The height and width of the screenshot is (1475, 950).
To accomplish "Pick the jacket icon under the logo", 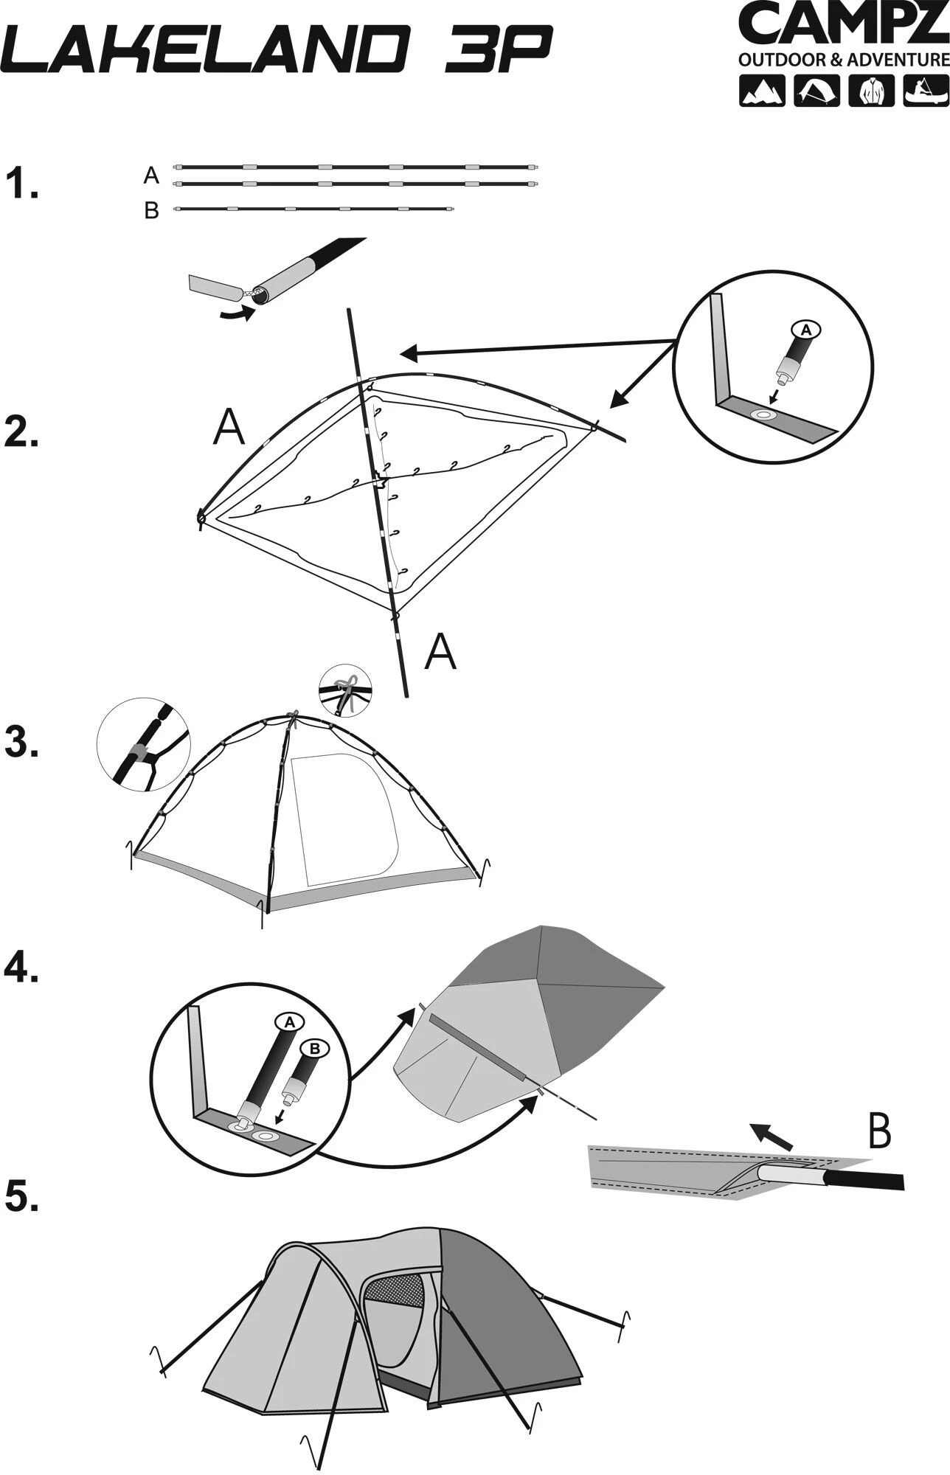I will click(873, 91).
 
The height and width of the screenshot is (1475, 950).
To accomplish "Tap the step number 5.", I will click(22, 1196).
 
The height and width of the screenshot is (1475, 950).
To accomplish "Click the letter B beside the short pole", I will click(152, 212).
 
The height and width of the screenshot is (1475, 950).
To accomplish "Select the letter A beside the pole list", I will click(151, 176).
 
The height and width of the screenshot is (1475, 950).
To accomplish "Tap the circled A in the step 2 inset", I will click(805, 330).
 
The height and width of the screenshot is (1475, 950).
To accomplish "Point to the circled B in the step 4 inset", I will click(313, 1047).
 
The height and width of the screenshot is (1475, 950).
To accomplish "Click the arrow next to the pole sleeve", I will click(772, 1136).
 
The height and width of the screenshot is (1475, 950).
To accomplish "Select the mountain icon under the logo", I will click(763, 91).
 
